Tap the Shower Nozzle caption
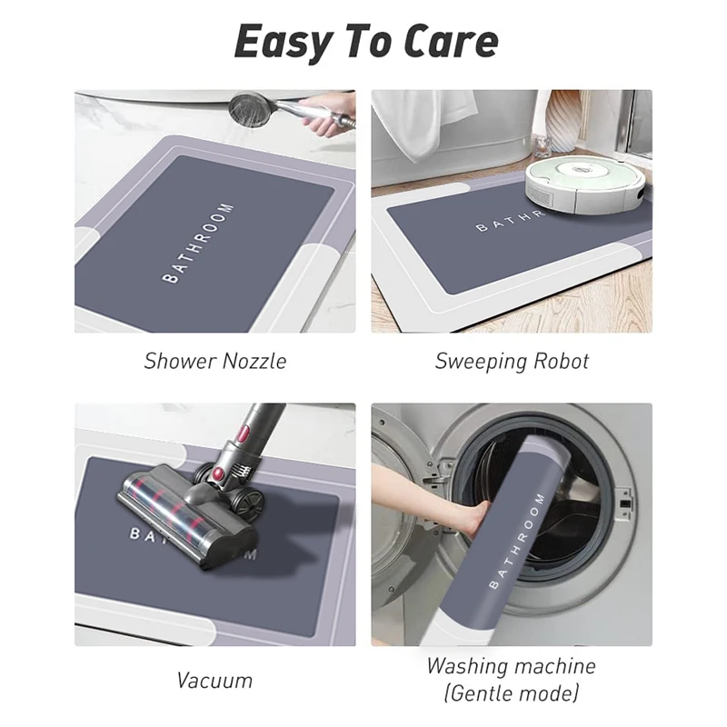pos(214,361)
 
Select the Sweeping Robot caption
pos(512,361)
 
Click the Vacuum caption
pos(215,680)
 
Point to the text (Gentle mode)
pos(512,695)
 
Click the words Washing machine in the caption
pos(512,666)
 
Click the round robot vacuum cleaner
pos(585,176)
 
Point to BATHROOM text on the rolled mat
pos(516,542)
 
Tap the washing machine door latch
pos(623,498)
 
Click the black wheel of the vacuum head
pos(247,501)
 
